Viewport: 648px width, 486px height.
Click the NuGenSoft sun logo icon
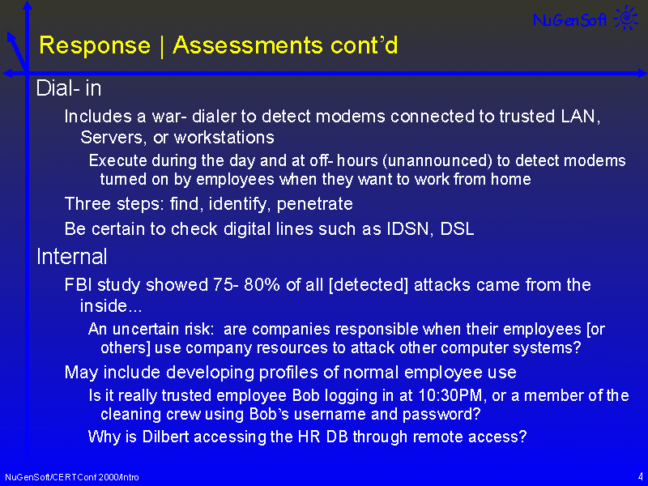pos(626,17)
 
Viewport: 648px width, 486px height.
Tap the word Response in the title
pos(95,45)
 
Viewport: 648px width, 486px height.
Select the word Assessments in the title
pos(247,45)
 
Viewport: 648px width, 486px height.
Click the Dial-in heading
pos(69,88)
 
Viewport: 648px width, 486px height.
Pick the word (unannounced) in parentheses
pos(437,160)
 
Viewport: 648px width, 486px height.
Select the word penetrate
pos(314,204)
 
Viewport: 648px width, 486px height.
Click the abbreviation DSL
pos(457,229)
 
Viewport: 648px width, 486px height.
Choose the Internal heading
pos(72,257)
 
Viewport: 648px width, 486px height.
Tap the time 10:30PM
pos(450,395)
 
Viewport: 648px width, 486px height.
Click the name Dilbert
pos(166,437)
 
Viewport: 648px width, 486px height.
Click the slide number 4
pos(640,476)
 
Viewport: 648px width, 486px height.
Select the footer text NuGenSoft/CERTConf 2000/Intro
pos(72,477)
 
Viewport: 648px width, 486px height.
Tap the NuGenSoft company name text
pos(570,19)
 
